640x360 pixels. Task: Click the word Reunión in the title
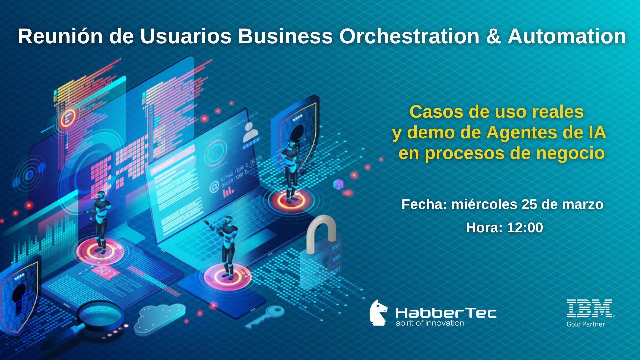tap(60, 36)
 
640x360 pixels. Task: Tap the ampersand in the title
tap(493, 36)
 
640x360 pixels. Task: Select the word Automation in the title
tap(567, 36)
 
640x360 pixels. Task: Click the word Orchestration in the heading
tap(409, 36)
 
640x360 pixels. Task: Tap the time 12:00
tap(525, 228)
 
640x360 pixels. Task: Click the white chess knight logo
tap(378, 313)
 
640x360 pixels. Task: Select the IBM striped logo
tap(590, 308)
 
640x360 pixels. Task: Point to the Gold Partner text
tap(586, 324)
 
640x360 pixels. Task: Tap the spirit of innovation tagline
tap(430, 323)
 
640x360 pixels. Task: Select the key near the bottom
tap(265, 316)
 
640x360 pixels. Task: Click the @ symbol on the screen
tap(214, 187)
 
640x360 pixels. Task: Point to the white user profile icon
tap(250, 132)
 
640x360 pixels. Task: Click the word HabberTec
tap(446, 313)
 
